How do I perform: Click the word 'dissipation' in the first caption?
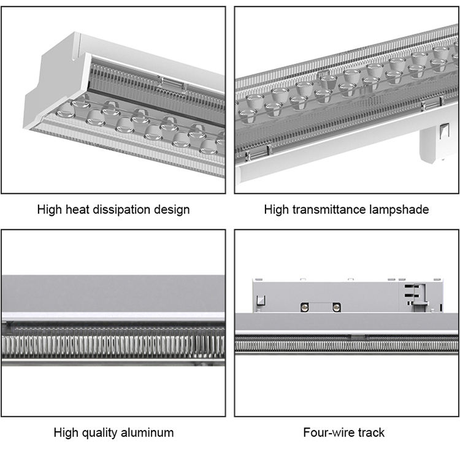pyautogui.click(x=123, y=210)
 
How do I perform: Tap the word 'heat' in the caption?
pyautogui.click(x=77, y=210)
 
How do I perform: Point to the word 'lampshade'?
pyautogui.click(x=400, y=210)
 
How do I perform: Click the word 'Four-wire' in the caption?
pyautogui.click(x=328, y=433)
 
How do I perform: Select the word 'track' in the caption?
pyautogui.click(x=369, y=433)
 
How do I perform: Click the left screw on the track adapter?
pyautogui.click(x=303, y=306)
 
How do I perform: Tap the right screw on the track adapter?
pyautogui.click(x=336, y=306)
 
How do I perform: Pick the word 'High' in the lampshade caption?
pyautogui.click(x=276, y=210)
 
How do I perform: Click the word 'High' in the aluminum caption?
pyautogui.click(x=66, y=433)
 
